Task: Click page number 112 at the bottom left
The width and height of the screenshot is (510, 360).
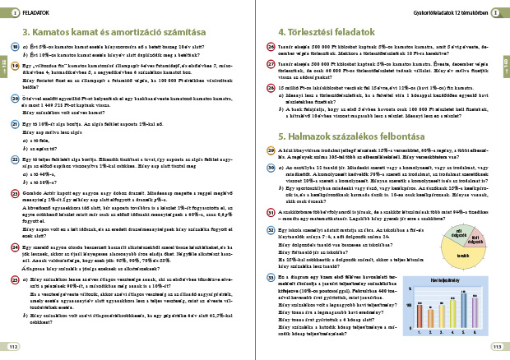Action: (13, 347)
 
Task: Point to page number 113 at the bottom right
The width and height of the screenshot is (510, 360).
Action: (496, 347)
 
